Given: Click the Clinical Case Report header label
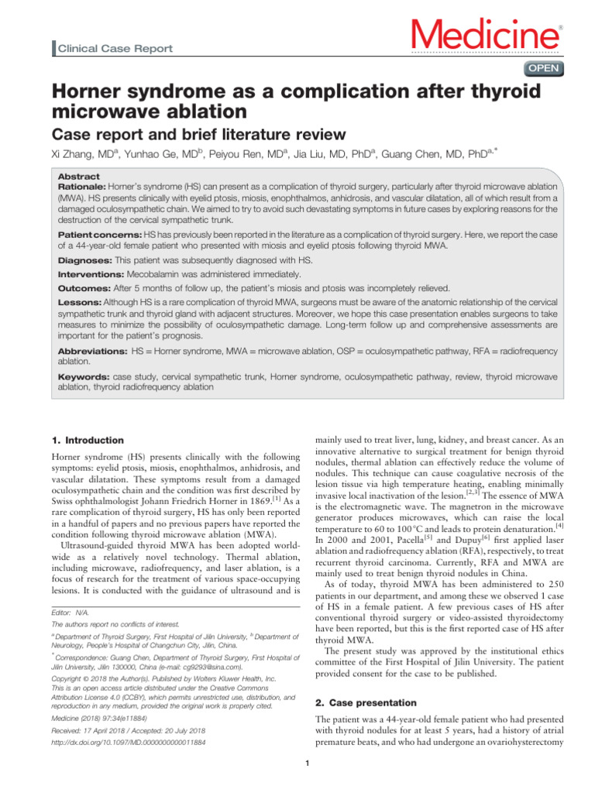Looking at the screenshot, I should coord(113,49).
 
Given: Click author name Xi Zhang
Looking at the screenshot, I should coord(76,154).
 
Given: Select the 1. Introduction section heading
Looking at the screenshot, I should coord(87,440).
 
